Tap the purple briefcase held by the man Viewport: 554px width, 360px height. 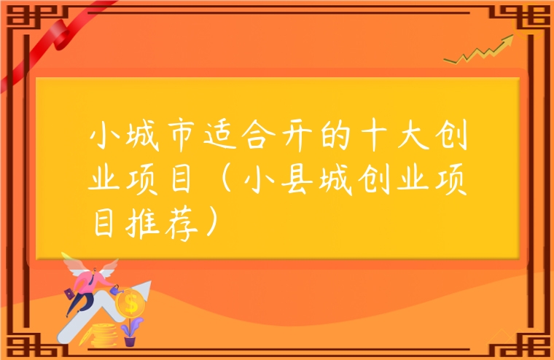70,294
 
